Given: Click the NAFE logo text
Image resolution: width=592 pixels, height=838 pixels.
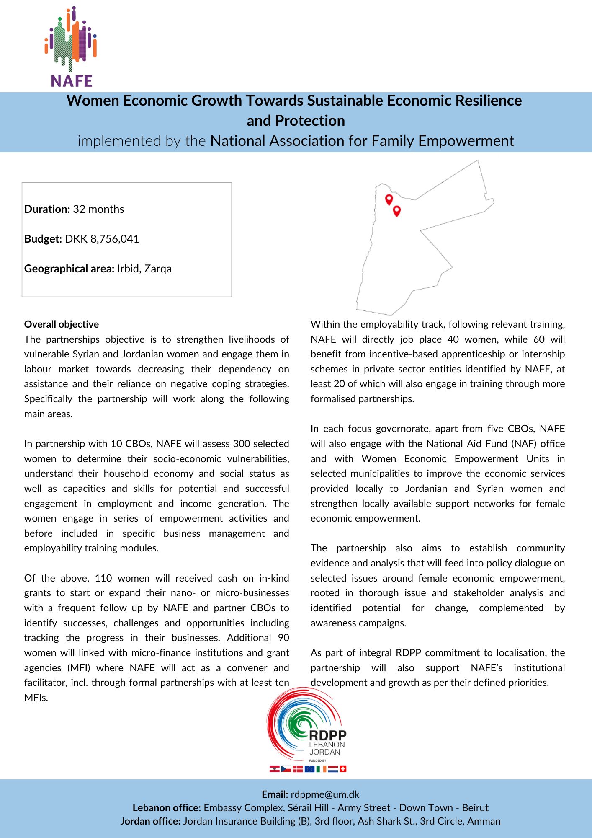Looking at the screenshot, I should click(x=72, y=81).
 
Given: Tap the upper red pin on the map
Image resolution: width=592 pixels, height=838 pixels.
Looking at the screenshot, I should click(x=389, y=199).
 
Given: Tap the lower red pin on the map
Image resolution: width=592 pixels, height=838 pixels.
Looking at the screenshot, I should click(x=396, y=210).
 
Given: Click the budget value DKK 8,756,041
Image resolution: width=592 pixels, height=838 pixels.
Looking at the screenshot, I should click(x=102, y=239).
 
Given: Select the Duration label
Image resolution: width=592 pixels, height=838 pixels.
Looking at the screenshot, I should click(x=47, y=209).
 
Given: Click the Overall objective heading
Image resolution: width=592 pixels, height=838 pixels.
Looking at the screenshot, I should click(x=62, y=324).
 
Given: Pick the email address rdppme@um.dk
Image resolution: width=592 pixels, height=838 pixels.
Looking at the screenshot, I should click(x=325, y=794).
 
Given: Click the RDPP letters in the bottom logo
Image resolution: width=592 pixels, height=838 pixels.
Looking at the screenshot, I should click(x=327, y=735).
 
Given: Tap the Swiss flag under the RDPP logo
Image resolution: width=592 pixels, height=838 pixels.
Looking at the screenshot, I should click(x=343, y=769).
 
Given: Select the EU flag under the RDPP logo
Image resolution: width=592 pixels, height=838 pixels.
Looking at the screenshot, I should click(x=309, y=769).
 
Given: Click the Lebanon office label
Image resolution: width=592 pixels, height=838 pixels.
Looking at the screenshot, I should click(x=167, y=808).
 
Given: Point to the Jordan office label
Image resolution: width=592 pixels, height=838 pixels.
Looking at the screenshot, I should click(x=150, y=821).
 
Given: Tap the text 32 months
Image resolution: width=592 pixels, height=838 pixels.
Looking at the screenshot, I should click(x=98, y=209).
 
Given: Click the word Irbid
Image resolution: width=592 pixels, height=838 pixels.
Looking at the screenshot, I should click(x=128, y=269).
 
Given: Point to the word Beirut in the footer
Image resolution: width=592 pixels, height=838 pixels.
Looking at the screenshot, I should click(x=475, y=808).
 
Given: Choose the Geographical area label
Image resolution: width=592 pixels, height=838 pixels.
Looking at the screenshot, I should click(x=69, y=269).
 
